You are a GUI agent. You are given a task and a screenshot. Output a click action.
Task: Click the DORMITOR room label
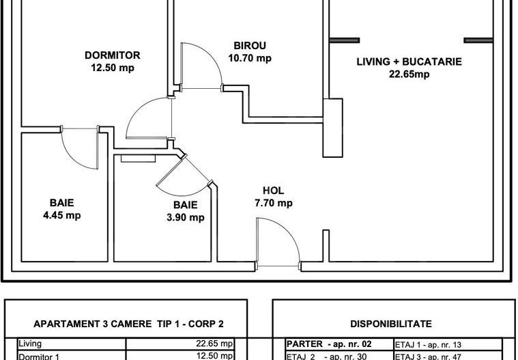tap(112, 55)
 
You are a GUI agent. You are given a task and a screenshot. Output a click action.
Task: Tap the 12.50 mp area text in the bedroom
tap(112, 68)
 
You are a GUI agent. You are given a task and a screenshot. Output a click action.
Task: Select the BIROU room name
tap(249, 46)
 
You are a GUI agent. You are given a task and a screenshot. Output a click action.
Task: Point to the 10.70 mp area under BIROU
tap(249, 58)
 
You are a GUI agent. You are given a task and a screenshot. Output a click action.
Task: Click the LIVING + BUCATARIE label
tap(409, 61)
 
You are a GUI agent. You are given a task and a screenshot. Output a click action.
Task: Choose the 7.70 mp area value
tap(273, 203)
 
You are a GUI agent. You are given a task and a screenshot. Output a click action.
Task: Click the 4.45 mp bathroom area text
tap(61, 215)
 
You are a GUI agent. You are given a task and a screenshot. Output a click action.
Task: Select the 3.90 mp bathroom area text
tap(185, 217)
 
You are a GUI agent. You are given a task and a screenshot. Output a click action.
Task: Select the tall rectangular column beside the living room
tap(334, 126)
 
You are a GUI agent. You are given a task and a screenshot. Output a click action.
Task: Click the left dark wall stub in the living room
tap(345, 38)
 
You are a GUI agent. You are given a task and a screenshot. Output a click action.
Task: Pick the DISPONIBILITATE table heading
tap(390, 324)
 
